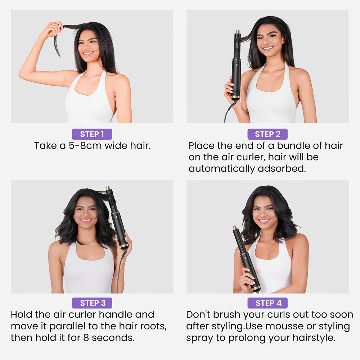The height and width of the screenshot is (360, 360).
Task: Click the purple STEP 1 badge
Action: tap(92, 134)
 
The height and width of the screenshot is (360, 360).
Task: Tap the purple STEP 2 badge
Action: tap(267, 134)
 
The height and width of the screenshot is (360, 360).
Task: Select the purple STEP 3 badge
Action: tap(92, 303)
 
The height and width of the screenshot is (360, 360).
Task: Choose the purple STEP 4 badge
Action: tap(267, 303)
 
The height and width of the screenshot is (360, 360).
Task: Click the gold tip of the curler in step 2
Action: tap(238, 32)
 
